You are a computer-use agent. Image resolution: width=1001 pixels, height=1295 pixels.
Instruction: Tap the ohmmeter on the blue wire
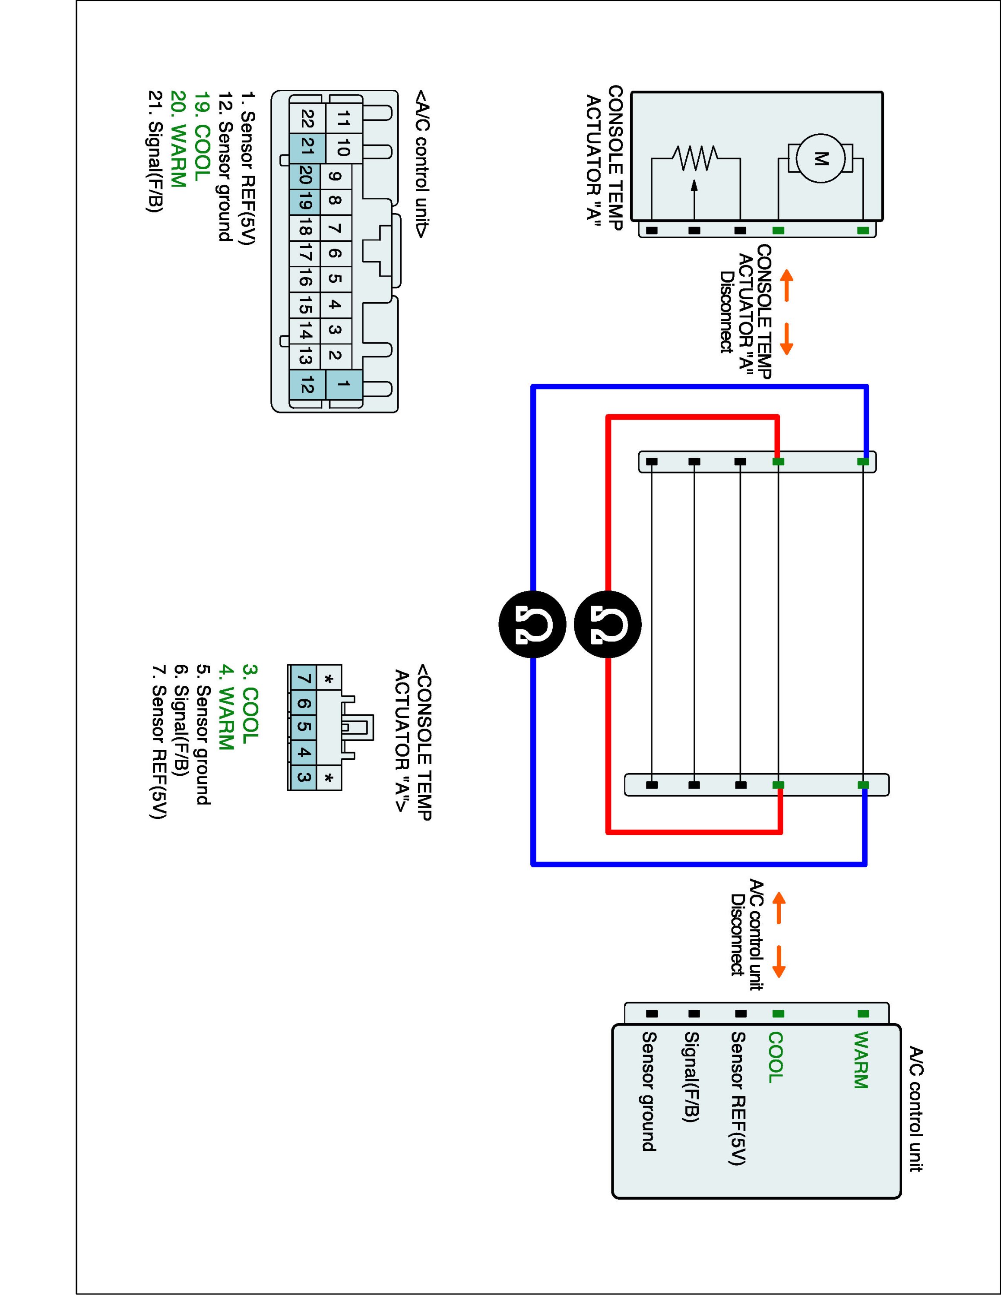tap(532, 624)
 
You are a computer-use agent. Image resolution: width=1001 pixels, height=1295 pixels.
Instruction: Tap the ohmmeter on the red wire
tap(608, 624)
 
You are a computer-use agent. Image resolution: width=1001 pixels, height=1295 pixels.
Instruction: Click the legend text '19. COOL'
tap(202, 136)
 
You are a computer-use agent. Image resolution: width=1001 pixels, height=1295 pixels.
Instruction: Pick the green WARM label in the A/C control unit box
tap(861, 1060)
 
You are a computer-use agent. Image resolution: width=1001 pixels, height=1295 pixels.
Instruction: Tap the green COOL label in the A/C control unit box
tap(776, 1057)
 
